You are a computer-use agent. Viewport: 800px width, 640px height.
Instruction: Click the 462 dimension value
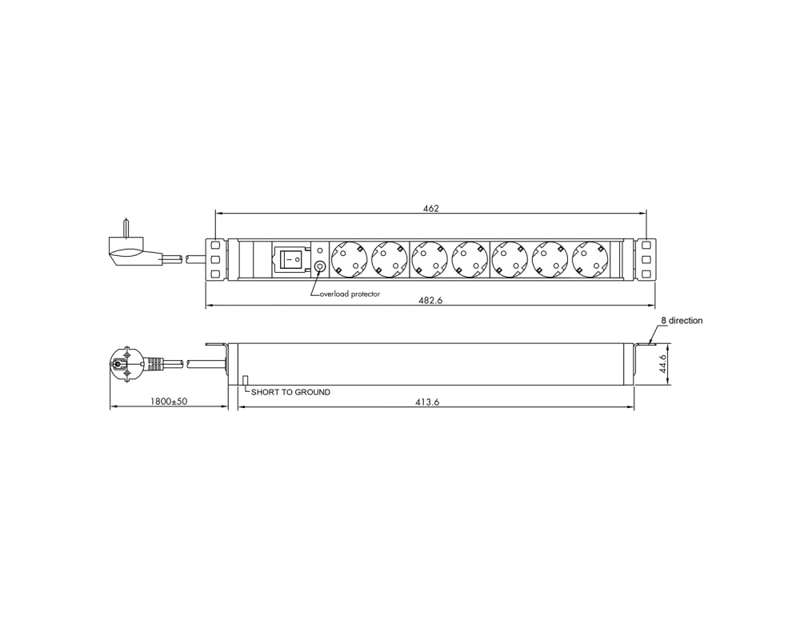click(x=430, y=208)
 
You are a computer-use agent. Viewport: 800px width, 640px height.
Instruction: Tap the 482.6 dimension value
click(x=430, y=301)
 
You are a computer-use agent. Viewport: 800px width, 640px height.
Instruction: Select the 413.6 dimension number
click(x=427, y=402)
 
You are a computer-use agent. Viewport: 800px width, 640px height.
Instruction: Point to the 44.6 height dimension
click(x=663, y=364)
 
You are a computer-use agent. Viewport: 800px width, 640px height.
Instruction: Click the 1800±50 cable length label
click(x=168, y=401)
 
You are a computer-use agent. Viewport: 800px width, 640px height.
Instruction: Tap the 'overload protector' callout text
click(x=350, y=294)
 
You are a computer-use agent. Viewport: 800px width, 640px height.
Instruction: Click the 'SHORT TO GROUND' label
click(x=290, y=393)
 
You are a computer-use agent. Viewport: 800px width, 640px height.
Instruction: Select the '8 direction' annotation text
click(x=682, y=321)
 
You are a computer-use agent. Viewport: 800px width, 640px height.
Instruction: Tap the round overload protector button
click(x=321, y=266)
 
